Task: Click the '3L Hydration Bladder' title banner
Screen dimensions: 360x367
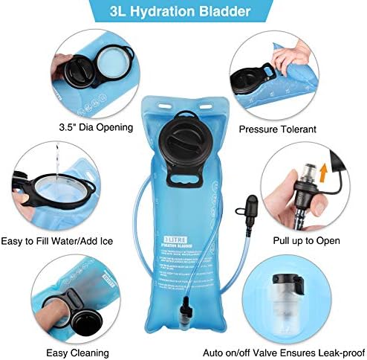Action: (x=183, y=13)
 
